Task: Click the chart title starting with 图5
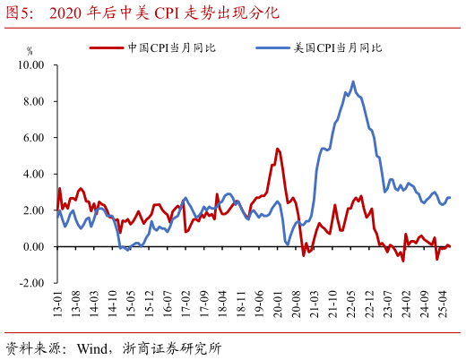click(143, 13)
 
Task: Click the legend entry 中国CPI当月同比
click(171, 47)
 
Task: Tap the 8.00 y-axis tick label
click(33, 101)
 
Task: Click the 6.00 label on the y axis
click(33, 138)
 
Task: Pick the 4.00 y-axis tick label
click(33, 174)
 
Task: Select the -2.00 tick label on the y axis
click(31, 282)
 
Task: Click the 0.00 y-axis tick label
click(33, 246)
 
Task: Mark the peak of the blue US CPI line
click(351, 81)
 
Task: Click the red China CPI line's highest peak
click(277, 149)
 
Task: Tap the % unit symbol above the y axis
click(30, 52)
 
